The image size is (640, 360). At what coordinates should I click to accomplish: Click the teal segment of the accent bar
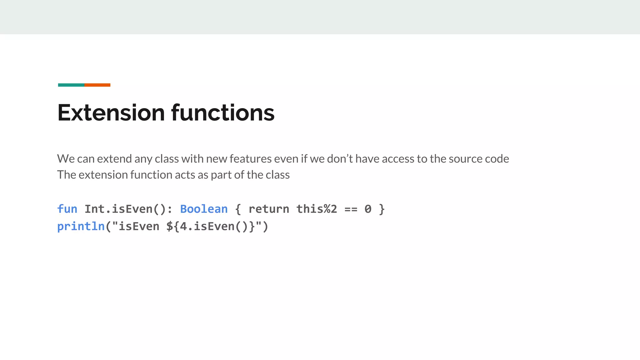pyautogui.click(x=71, y=85)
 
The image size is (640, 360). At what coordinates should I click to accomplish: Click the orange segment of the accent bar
pyautogui.click(x=97, y=85)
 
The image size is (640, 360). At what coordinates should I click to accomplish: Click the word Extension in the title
pyautogui.click(x=111, y=112)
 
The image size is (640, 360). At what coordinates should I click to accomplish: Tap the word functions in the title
pyautogui.click(x=223, y=112)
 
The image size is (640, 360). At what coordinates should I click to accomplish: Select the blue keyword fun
pyautogui.click(x=67, y=209)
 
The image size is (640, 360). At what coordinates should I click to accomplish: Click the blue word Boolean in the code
pyautogui.click(x=204, y=209)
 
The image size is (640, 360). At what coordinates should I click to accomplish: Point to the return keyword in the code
pyautogui.click(x=269, y=209)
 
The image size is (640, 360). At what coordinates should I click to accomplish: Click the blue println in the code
pyautogui.click(x=81, y=226)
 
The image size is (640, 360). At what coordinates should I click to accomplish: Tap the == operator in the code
pyautogui.click(x=351, y=209)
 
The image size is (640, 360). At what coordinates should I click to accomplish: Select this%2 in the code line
pyautogui.click(x=317, y=209)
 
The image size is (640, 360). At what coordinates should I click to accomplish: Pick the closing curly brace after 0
pyautogui.click(x=382, y=209)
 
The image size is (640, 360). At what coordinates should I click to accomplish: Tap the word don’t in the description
pyautogui.click(x=340, y=159)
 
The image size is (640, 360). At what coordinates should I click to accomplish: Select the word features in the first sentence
pyautogui.click(x=251, y=159)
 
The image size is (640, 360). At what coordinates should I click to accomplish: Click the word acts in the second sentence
pyautogui.click(x=185, y=175)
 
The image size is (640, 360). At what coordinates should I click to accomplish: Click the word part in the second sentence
pyautogui.click(x=221, y=175)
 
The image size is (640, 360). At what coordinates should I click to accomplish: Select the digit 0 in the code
pyautogui.click(x=368, y=209)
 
